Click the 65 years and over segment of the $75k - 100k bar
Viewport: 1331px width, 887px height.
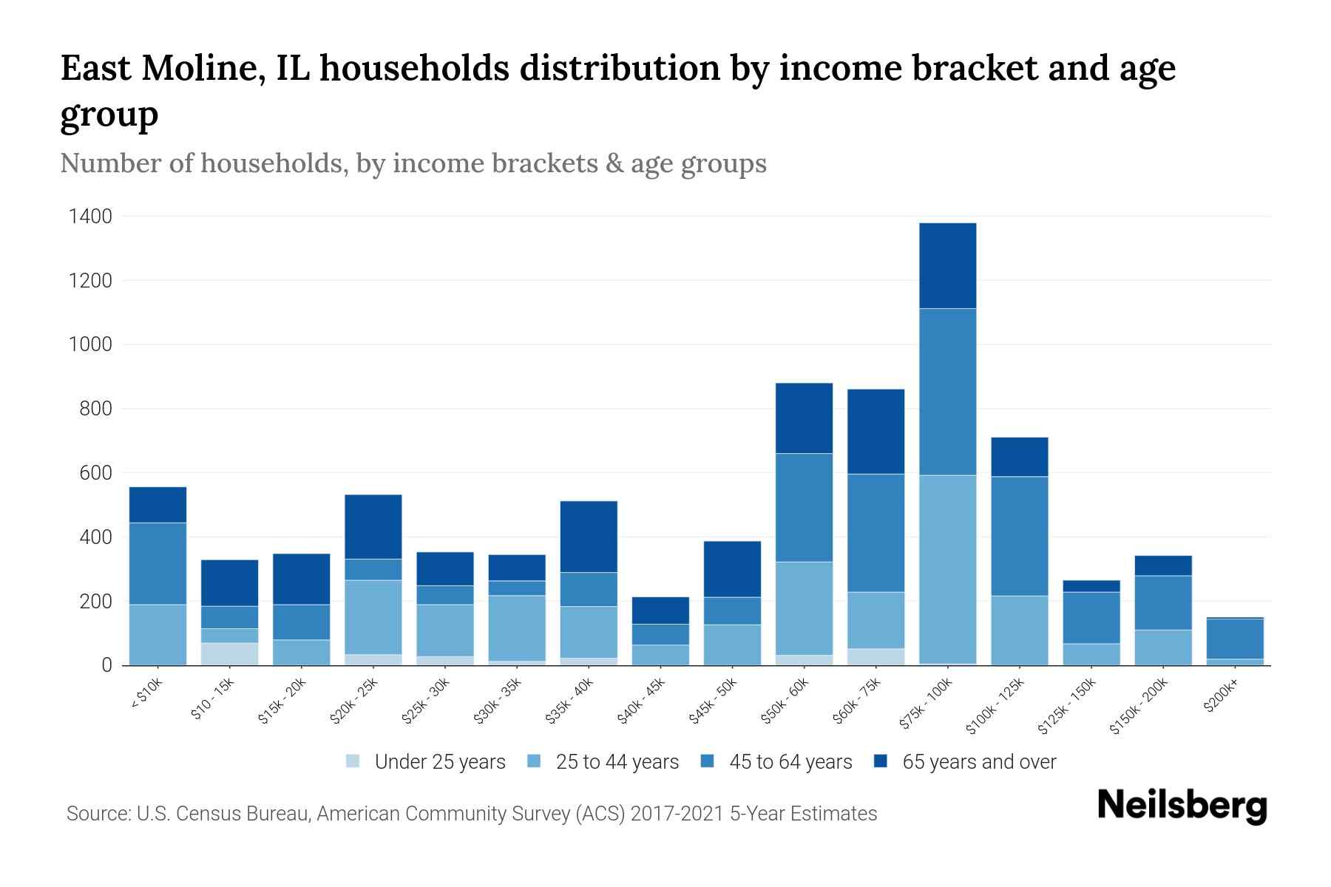click(947, 265)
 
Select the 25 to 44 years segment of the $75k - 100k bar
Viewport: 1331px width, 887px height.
click(947, 569)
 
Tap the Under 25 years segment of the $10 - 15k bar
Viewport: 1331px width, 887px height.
click(229, 653)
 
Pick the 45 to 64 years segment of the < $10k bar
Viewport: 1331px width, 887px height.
click(158, 563)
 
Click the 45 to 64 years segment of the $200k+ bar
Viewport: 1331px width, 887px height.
click(1235, 639)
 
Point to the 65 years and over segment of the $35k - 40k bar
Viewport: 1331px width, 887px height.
click(589, 537)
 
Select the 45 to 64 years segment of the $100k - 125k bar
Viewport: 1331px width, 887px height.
click(1019, 536)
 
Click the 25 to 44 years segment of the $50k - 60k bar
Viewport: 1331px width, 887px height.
click(804, 608)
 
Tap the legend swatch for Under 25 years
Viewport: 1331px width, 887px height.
click(353, 761)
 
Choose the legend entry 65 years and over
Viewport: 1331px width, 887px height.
click(978, 761)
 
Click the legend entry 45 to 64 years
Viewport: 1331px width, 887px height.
click(790, 761)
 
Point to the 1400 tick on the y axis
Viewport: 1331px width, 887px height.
click(90, 217)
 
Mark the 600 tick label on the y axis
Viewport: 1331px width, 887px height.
click(95, 473)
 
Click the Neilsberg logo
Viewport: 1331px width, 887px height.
click(1182, 805)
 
